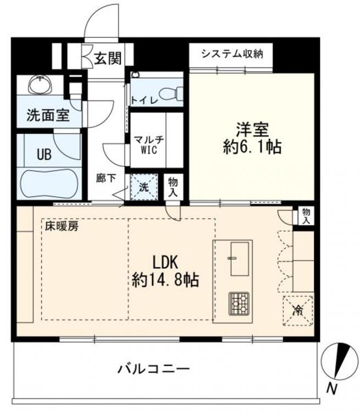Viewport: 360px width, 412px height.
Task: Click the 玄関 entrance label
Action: (x=108, y=58)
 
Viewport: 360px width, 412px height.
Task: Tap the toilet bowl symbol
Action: (x=171, y=93)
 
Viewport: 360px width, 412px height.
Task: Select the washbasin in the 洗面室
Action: (x=40, y=84)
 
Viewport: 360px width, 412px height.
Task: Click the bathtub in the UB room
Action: (x=49, y=183)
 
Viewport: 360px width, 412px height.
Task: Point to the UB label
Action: (x=44, y=154)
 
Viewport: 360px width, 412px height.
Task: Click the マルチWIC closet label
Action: (x=149, y=144)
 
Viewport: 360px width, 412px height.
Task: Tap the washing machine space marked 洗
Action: (x=144, y=187)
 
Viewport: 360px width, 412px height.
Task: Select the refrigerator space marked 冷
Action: (x=298, y=311)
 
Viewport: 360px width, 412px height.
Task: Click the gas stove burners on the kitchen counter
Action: (x=239, y=303)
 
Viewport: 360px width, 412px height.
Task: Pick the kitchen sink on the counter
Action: (x=240, y=259)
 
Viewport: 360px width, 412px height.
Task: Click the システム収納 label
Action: (x=232, y=54)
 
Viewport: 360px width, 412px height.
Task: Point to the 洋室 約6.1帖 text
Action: (x=252, y=138)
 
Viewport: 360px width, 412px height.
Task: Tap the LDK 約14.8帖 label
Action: (x=165, y=271)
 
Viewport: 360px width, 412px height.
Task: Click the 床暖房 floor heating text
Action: (x=62, y=226)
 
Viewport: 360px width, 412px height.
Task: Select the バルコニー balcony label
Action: (x=153, y=369)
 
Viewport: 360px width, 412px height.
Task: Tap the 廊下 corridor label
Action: (x=106, y=179)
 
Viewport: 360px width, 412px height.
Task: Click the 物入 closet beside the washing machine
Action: (x=173, y=187)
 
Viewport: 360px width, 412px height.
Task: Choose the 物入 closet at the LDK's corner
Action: (x=306, y=216)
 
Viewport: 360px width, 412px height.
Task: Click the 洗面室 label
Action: (x=48, y=115)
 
